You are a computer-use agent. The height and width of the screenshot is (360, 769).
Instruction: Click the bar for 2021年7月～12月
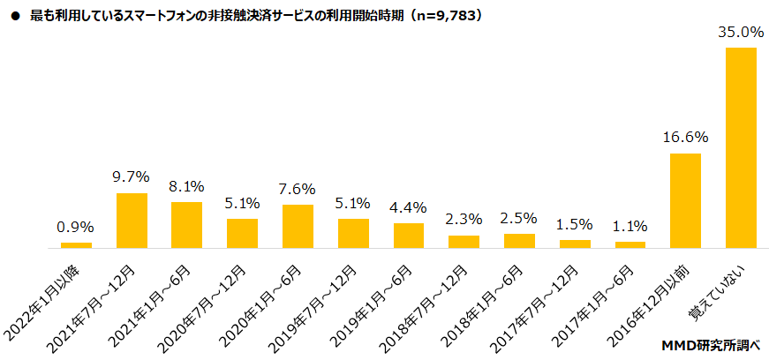pyautogui.click(x=132, y=221)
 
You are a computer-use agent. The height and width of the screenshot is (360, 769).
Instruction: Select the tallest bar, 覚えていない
pyautogui.click(x=741, y=148)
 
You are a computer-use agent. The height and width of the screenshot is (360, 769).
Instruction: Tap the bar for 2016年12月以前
pyautogui.click(x=686, y=201)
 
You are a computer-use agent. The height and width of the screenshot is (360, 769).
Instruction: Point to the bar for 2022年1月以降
pyautogui.click(x=76, y=245)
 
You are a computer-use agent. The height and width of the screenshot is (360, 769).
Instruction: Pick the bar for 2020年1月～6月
pyautogui.click(x=298, y=227)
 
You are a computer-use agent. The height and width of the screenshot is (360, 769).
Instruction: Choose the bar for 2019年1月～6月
pyautogui.click(x=409, y=236)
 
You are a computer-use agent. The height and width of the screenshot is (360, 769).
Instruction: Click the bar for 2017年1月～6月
pyautogui.click(x=630, y=245)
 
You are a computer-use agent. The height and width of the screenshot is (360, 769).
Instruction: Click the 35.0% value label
pyautogui.click(x=741, y=33)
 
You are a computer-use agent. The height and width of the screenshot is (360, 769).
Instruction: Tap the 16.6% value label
pyautogui.click(x=686, y=138)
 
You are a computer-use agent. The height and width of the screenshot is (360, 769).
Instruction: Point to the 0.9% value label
pyautogui.click(x=76, y=227)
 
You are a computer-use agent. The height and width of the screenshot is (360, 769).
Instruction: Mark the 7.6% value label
pyautogui.click(x=298, y=189)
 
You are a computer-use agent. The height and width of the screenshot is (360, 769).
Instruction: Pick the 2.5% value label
pyautogui.click(x=519, y=218)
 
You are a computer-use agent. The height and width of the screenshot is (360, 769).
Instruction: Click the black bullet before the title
pyautogui.click(x=14, y=16)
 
